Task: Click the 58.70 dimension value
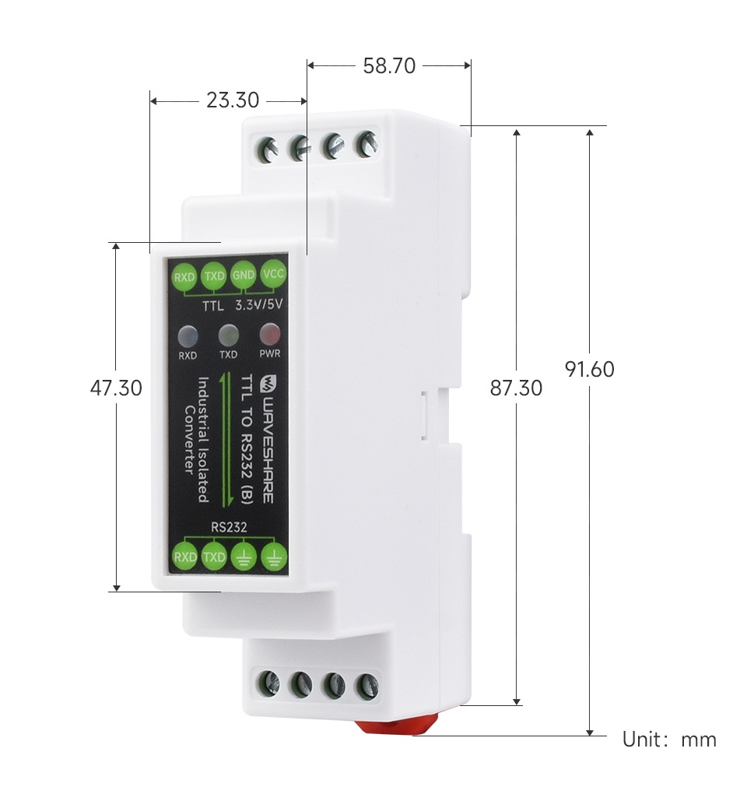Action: click(389, 66)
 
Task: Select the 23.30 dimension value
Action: click(232, 100)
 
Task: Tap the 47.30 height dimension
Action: click(116, 387)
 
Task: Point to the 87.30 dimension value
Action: click(516, 387)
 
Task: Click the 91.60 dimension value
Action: click(590, 368)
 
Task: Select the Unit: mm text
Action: click(669, 739)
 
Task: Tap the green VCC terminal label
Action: click(274, 274)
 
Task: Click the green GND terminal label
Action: click(244, 275)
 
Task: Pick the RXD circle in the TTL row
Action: click(184, 276)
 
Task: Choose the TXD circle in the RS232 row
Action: click(214, 557)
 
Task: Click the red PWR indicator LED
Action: click(269, 335)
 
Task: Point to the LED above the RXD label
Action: click(188, 336)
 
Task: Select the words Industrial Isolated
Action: click(203, 440)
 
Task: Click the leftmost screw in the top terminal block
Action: click(269, 148)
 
